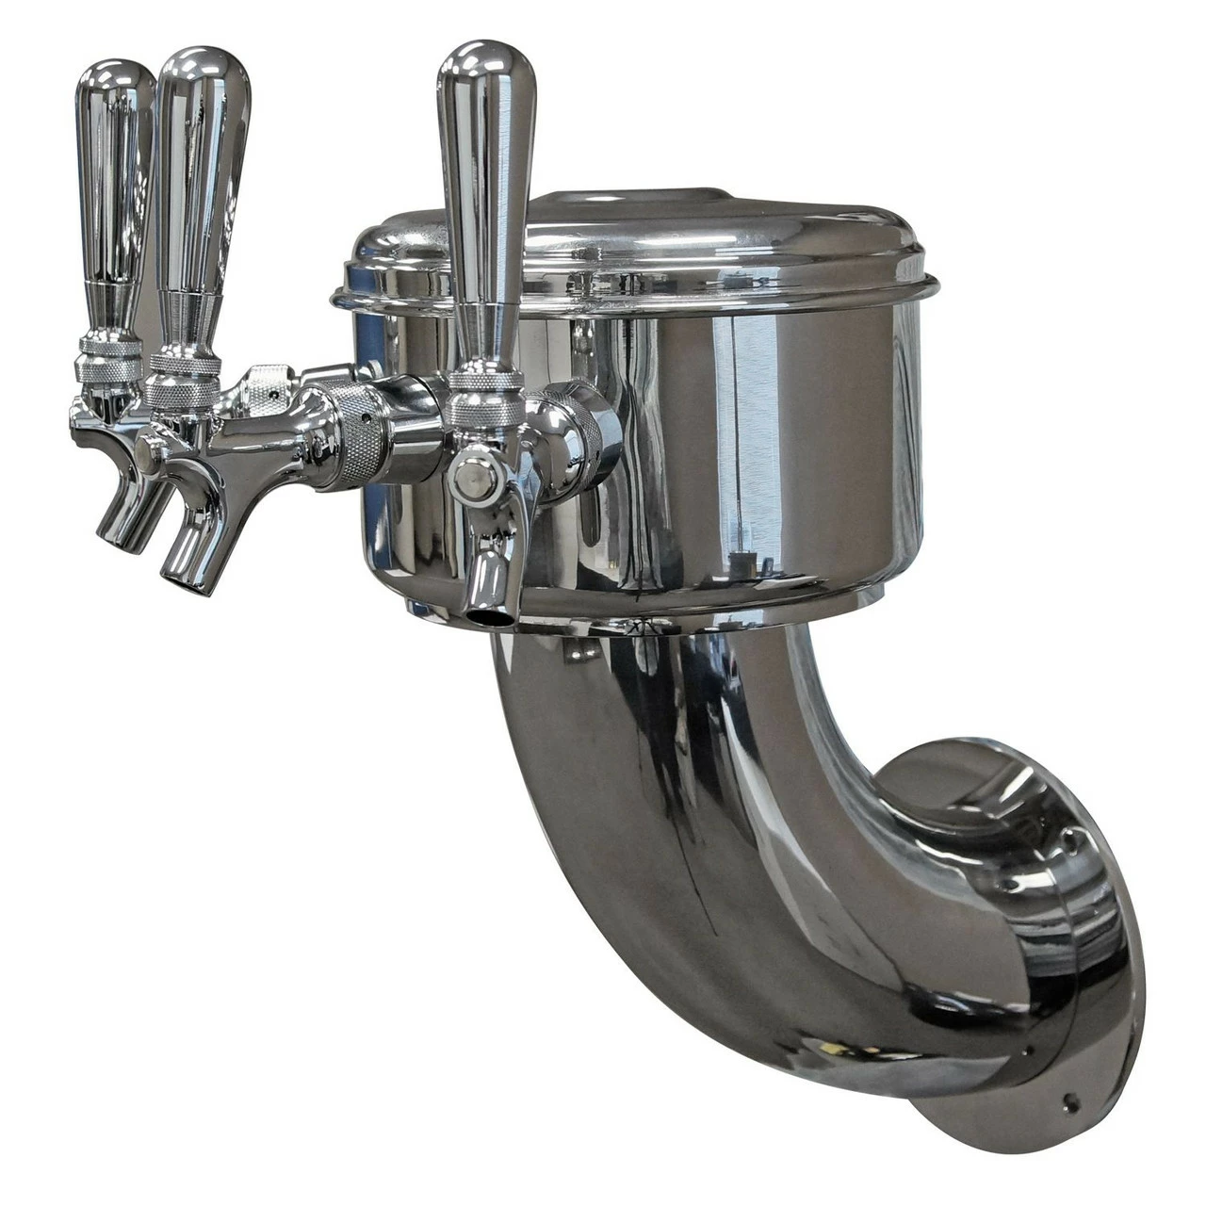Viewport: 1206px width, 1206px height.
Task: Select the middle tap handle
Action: pyautogui.click(x=200, y=170)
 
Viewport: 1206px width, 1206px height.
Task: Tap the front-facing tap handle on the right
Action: pyautogui.click(x=486, y=188)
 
